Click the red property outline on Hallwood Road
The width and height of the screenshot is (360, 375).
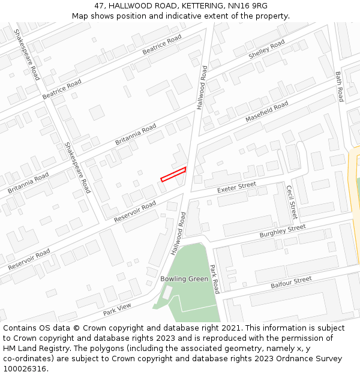[173, 174]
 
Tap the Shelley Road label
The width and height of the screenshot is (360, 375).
[266, 50]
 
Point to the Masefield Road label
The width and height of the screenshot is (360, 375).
[266, 112]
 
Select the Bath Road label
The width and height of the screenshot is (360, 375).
[340, 86]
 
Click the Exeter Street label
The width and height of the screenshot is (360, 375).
[236, 187]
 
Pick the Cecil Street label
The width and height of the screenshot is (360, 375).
[291, 202]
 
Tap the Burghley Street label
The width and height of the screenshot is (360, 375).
[283, 231]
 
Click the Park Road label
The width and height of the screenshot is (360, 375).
[214, 278]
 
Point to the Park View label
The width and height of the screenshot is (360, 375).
[116, 310]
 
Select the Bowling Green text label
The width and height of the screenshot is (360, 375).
[184, 279]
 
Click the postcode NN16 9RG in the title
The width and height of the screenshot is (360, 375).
[247, 6]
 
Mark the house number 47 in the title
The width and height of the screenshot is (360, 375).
[100, 6]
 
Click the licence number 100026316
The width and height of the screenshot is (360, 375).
[25, 369]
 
